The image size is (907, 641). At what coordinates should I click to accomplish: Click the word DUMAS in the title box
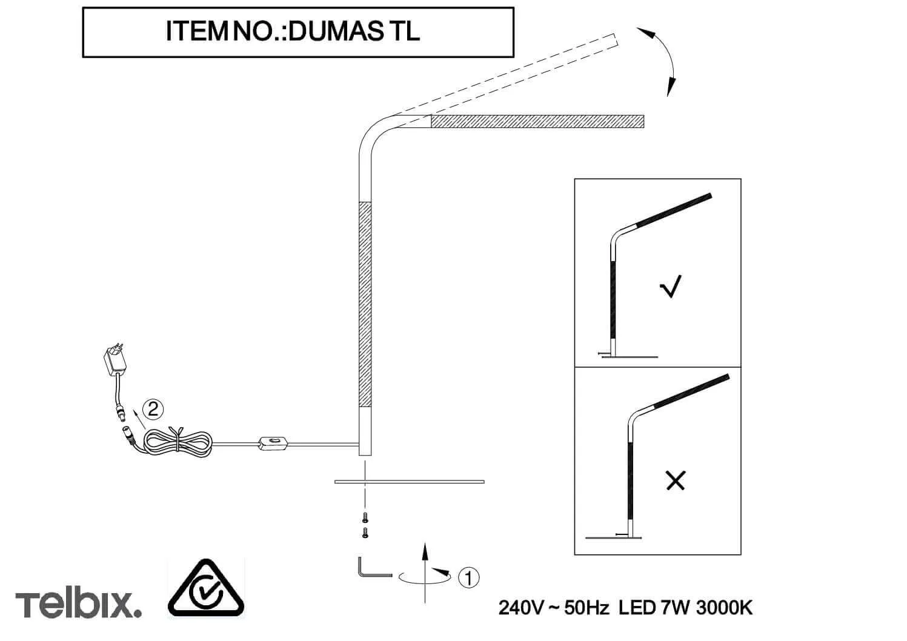click(336, 31)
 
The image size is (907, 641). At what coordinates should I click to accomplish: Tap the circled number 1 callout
click(468, 578)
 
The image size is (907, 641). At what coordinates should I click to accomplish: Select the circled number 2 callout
click(153, 410)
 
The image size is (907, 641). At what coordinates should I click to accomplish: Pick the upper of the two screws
click(365, 517)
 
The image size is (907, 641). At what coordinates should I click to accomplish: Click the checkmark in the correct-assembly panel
click(671, 287)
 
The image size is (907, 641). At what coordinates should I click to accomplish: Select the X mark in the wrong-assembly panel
click(676, 480)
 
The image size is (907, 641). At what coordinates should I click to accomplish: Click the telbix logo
click(78, 604)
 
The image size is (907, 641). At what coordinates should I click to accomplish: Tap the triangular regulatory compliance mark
click(205, 589)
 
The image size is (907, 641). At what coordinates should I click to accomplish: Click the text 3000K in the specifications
click(724, 608)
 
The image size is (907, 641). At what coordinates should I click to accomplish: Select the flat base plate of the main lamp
click(410, 482)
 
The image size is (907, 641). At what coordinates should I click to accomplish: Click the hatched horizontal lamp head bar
click(537, 121)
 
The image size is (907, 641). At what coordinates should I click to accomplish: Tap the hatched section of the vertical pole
click(365, 304)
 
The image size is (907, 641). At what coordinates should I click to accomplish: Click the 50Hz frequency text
click(586, 608)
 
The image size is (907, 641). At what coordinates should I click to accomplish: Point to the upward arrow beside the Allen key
click(425, 573)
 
